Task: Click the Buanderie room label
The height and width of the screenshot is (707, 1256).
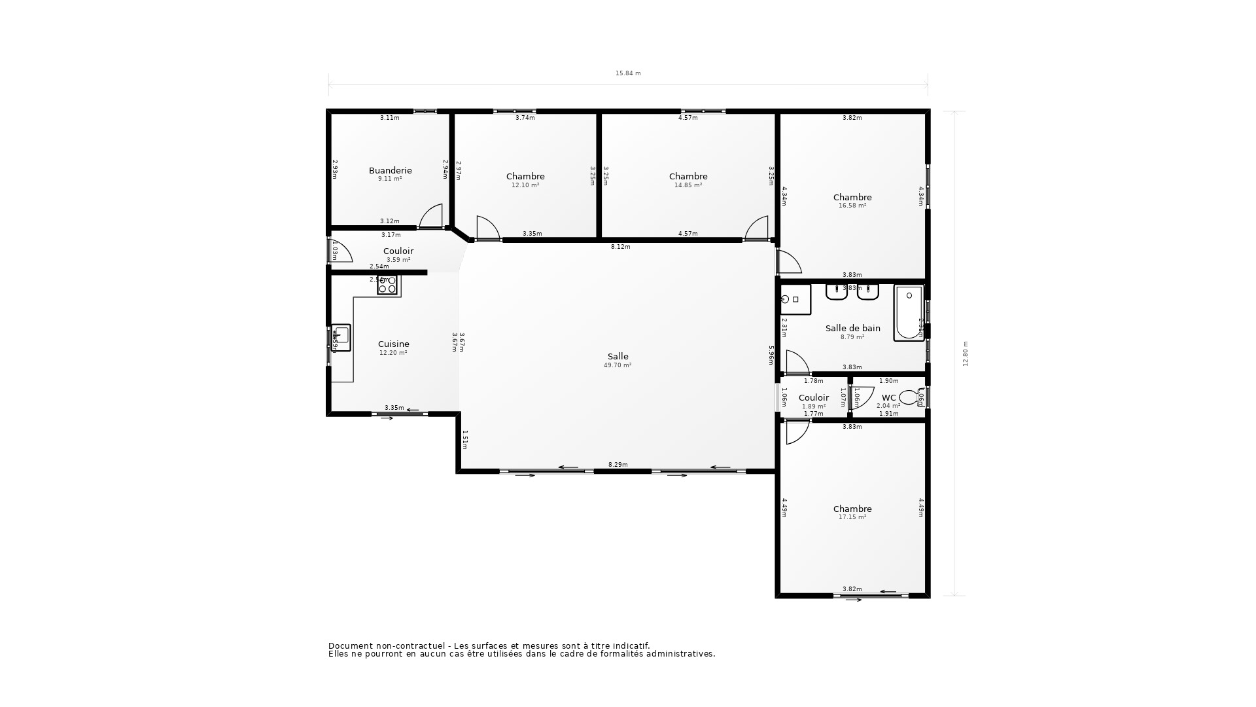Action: [390, 171]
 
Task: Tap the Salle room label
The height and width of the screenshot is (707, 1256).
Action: [618, 357]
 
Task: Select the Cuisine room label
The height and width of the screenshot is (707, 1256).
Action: [393, 344]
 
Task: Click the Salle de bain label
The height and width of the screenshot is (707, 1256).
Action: [852, 329]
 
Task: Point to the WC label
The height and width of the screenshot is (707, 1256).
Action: [888, 398]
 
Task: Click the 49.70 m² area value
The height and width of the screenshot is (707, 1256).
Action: [618, 365]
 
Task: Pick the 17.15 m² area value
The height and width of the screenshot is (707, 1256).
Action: [852, 517]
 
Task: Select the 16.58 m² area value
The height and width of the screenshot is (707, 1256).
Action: [852, 206]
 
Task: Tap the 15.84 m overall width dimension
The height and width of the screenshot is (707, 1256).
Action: [628, 73]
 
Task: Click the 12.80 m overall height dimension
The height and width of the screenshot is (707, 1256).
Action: [966, 353]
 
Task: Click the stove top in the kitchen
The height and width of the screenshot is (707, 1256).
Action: [387, 285]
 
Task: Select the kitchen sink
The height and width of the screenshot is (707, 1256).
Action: [341, 337]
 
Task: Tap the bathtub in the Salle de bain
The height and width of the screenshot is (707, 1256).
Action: [909, 312]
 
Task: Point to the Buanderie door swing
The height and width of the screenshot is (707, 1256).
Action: [431, 217]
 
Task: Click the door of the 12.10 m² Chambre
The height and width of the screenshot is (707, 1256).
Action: [487, 228]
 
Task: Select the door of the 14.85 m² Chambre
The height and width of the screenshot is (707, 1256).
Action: [757, 228]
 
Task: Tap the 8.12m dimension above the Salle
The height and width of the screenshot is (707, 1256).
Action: [620, 247]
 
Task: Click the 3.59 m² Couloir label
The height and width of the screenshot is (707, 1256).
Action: [398, 251]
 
